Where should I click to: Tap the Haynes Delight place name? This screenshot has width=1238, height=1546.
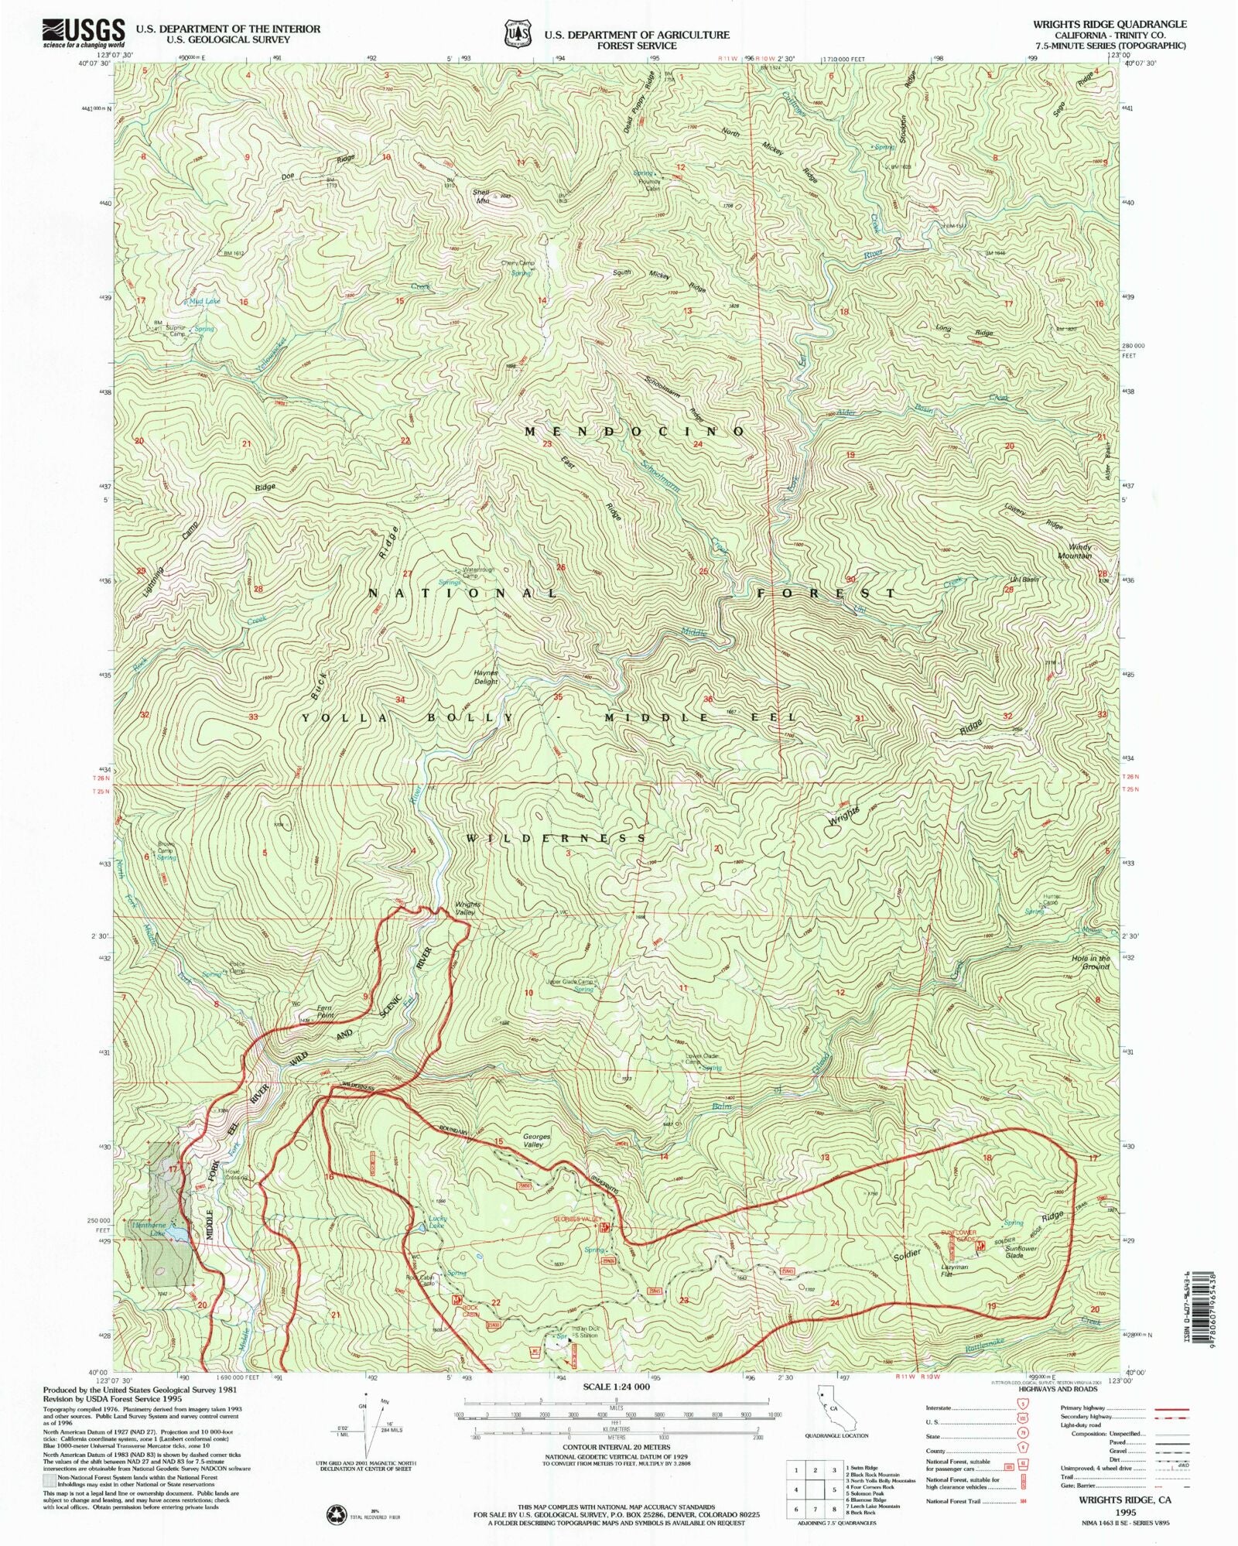pos(486,677)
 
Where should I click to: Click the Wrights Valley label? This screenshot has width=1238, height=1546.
pos(467,908)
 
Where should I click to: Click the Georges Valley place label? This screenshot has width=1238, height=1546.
pos(536,1141)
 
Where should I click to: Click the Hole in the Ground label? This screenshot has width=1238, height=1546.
pos(1091,963)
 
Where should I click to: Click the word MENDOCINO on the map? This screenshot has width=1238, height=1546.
pos(634,432)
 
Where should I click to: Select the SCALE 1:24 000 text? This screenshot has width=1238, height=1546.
pos(616,1387)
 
